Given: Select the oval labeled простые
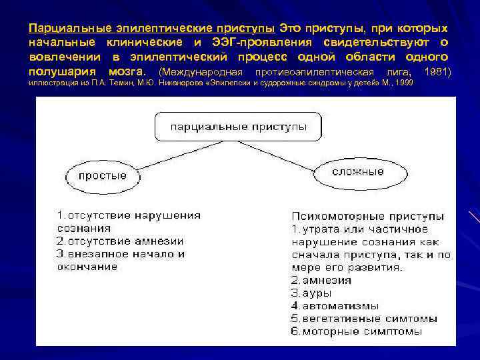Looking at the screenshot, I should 102,176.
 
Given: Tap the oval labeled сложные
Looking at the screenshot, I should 358,171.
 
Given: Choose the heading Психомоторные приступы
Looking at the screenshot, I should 367,216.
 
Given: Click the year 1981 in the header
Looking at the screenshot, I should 437,71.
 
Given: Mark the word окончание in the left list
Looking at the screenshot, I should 87,267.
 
